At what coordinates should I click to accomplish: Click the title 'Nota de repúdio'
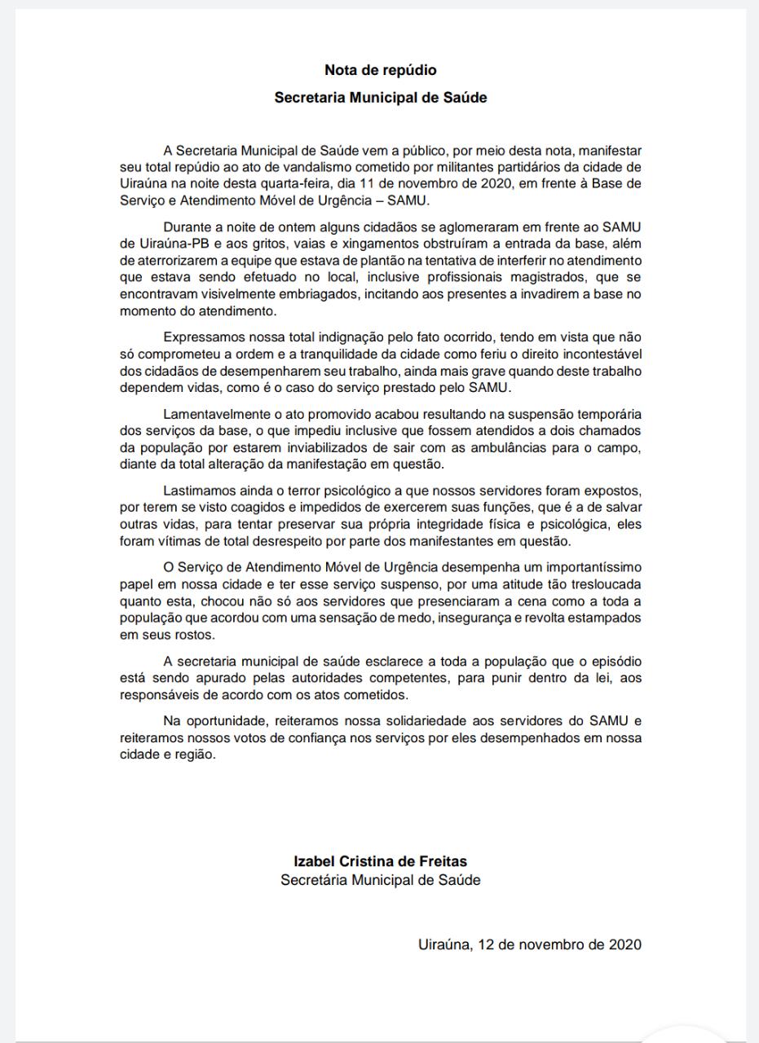coord(380,71)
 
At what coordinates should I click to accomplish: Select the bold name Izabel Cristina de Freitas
coord(380,861)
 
